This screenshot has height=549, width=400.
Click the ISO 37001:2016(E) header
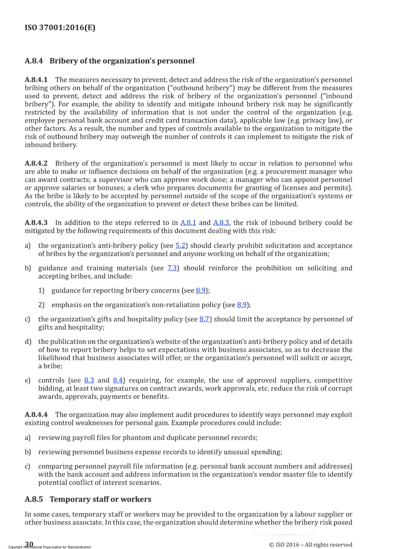coord(60,27)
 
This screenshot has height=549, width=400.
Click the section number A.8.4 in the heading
coord(34,61)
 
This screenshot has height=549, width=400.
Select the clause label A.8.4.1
coord(36,80)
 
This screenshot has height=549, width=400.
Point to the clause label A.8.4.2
coord(36,164)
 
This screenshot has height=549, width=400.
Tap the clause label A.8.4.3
coord(36,223)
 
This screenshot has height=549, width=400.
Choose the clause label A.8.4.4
coord(36,415)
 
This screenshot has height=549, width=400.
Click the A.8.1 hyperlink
coord(188,223)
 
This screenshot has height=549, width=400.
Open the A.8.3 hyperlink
coord(221,223)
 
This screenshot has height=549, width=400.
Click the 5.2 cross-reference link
coord(180,246)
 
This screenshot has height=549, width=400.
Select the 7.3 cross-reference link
coord(172,268)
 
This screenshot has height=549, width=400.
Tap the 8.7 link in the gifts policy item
coord(204,319)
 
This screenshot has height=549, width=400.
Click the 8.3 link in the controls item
coord(89,380)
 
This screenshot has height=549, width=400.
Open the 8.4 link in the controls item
coord(117,380)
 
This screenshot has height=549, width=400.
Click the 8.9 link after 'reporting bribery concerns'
coord(201,290)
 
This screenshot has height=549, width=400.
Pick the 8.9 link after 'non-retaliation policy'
coord(241,305)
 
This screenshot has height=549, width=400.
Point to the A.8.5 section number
coord(34,499)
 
